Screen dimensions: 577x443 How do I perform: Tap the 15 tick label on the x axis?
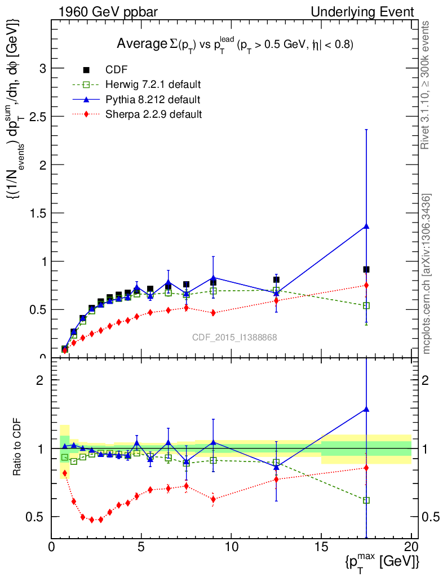[x=321, y=547]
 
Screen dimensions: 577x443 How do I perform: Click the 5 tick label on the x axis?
[x=141, y=547]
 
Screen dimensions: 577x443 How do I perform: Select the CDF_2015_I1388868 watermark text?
[x=234, y=338]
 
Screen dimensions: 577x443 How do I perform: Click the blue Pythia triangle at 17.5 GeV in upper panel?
[x=366, y=227]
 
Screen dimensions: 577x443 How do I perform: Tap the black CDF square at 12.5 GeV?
[x=276, y=279]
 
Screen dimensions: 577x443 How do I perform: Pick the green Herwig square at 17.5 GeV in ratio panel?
[x=366, y=500]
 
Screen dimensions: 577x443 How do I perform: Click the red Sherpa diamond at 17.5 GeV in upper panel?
[x=366, y=285]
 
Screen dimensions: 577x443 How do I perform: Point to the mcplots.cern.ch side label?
[x=427, y=274]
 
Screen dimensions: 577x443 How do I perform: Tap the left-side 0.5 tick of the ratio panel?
[x=39, y=517]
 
